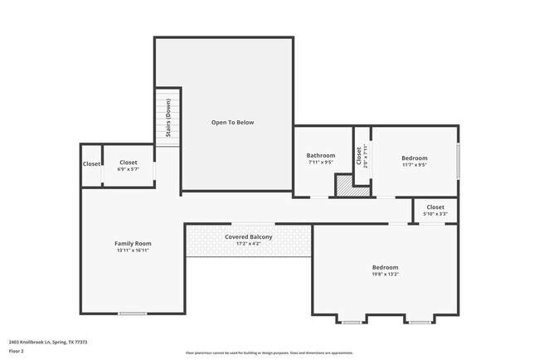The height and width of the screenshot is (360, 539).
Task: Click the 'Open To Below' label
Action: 232,122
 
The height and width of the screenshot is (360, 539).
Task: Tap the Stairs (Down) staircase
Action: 168,117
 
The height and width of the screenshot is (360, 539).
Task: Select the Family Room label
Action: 133,243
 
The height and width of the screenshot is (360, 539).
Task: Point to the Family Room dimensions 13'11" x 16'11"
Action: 133,251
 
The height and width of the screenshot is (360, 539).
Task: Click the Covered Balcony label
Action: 249,236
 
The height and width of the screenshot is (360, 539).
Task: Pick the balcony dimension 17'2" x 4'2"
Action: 249,244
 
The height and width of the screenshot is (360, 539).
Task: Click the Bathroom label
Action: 321,155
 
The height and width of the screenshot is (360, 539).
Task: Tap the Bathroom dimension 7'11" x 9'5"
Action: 321,163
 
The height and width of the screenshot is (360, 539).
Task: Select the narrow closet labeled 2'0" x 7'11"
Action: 362,155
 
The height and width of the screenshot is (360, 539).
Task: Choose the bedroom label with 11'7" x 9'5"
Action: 414,158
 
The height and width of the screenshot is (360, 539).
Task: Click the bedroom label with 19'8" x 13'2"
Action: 385,267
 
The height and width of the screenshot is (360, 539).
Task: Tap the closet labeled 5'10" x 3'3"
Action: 435,210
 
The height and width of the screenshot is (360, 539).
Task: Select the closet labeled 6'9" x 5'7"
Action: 129,165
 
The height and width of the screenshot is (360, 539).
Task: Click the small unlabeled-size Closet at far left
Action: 91,164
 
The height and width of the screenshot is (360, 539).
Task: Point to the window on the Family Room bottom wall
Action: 132,313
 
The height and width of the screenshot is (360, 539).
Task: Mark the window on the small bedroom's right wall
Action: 458,160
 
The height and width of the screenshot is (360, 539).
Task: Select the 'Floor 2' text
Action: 17,351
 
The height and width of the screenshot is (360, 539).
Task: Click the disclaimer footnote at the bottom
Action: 269,353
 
